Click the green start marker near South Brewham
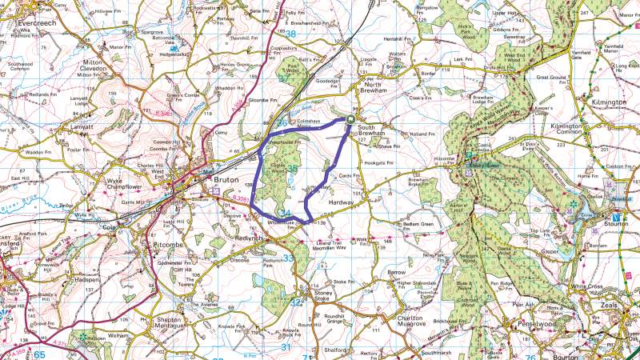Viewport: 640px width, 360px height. coord(350,121)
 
